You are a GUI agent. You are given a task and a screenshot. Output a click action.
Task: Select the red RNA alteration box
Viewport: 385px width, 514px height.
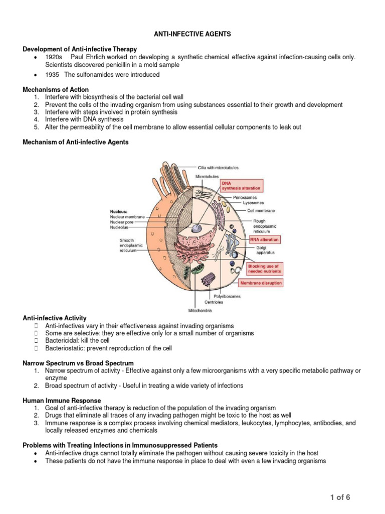265,240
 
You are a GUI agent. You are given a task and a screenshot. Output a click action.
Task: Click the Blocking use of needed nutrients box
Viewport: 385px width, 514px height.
265,268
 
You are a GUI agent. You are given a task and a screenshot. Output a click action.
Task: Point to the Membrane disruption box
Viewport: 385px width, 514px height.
261,283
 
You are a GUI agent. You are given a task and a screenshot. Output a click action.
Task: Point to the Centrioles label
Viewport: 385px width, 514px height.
214,302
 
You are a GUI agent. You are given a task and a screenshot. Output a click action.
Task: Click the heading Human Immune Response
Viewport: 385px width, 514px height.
62,401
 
